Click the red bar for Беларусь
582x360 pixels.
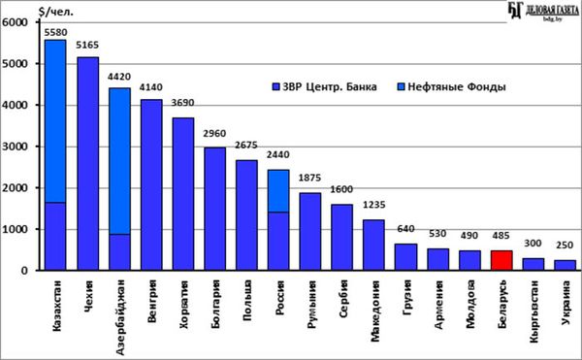(x=501, y=260)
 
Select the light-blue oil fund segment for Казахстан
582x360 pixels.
(x=55, y=121)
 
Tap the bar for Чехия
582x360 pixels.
(x=88, y=164)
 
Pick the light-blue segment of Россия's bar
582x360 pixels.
(x=278, y=191)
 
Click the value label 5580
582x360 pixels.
(x=55, y=33)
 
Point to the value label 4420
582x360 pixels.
(x=119, y=77)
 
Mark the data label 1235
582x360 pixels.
(x=373, y=205)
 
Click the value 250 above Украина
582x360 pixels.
(x=565, y=245)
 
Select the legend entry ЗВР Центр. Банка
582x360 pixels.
(x=324, y=86)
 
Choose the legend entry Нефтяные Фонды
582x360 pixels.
(x=452, y=86)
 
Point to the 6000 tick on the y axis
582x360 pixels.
(x=15, y=22)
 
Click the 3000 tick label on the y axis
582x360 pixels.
(x=15, y=147)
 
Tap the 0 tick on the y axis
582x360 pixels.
(x=24, y=271)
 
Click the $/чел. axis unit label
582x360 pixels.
(x=56, y=12)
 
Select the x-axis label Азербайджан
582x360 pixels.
(x=119, y=317)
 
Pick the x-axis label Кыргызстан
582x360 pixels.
(x=533, y=311)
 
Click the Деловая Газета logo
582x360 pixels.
(x=543, y=11)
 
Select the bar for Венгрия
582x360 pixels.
(x=151, y=184)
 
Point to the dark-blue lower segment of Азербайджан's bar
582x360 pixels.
(x=119, y=252)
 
